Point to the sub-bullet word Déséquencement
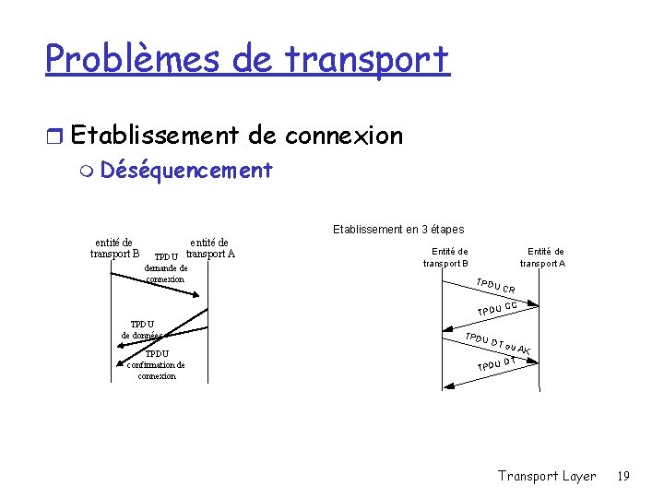coord(186,170)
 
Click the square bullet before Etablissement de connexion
coord(55,136)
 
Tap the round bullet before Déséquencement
coord(88,171)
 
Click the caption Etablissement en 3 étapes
coord(397,229)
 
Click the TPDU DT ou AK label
coord(498,343)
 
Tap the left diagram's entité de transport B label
coord(115,248)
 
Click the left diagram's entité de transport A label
coord(210,248)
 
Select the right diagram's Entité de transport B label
coord(446,257)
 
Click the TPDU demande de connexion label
coord(166,268)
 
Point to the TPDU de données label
coord(141,329)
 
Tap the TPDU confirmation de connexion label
coord(156,364)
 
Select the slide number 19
coord(623,476)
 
